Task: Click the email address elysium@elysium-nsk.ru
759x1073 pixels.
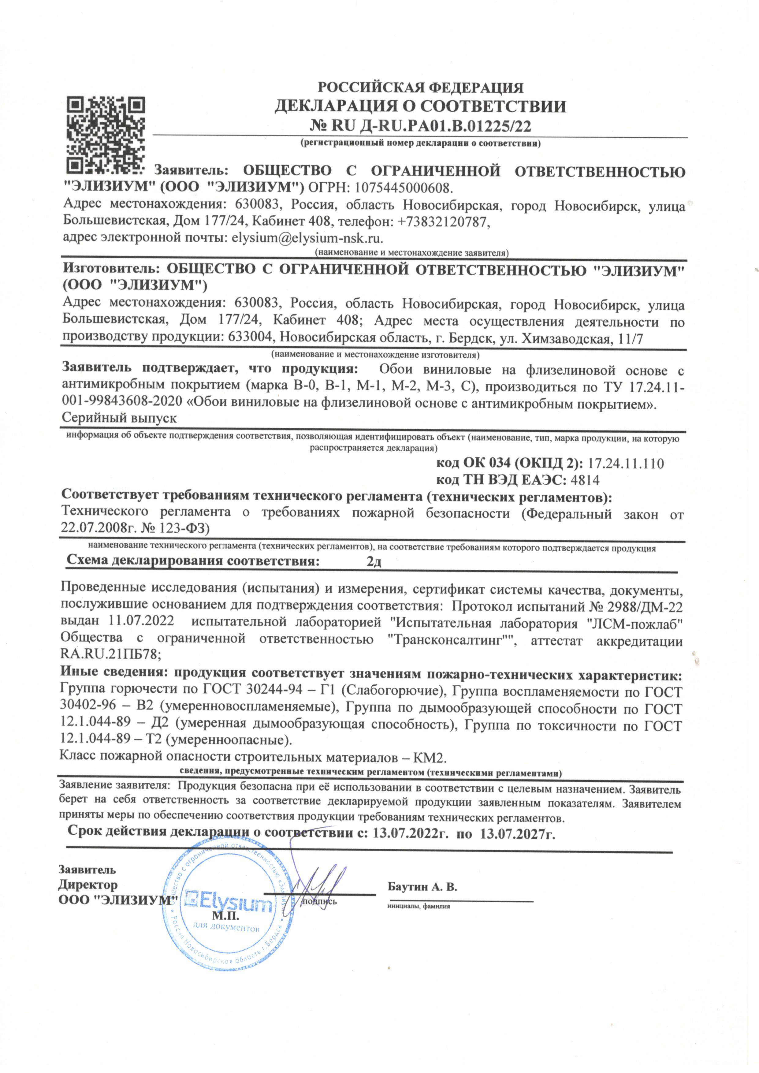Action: [x=307, y=238]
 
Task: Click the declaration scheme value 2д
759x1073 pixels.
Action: [x=374, y=561]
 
